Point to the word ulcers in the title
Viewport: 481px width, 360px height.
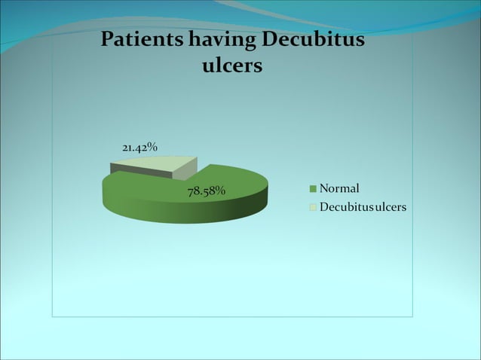coord(233,66)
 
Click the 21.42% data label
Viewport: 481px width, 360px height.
coord(139,147)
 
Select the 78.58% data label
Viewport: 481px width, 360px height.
coord(207,191)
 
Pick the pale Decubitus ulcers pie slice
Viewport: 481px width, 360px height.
coord(167,165)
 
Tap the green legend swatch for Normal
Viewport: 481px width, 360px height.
coord(312,188)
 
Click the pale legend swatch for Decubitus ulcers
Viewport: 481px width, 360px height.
coord(312,206)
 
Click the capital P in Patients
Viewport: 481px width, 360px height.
coord(107,39)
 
